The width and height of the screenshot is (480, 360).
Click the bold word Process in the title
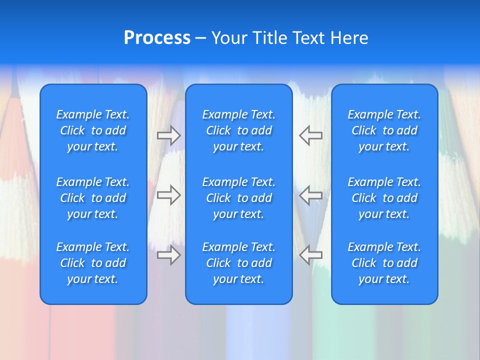[x=157, y=38]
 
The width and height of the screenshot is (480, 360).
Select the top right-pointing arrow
[x=169, y=135]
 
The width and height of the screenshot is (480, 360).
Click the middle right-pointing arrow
[x=169, y=195]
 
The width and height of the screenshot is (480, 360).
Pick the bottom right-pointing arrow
[x=169, y=255]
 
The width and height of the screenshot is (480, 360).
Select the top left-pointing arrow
[x=310, y=135]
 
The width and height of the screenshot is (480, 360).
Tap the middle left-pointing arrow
[x=310, y=195]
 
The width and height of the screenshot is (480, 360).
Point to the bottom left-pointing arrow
[x=310, y=255]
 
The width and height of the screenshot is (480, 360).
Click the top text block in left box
[x=93, y=130]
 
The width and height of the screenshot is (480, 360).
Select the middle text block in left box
[x=93, y=198]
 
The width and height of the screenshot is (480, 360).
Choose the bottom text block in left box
[x=93, y=263]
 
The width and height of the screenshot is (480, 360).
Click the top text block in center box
[x=239, y=130]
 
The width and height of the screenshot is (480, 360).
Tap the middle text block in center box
[x=239, y=198]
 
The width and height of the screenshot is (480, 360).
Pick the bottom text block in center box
[x=239, y=263]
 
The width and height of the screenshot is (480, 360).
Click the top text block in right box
[x=384, y=130]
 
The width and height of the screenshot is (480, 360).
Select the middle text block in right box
[x=384, y=198]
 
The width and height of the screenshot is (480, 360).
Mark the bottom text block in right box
[x=384, y=263]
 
